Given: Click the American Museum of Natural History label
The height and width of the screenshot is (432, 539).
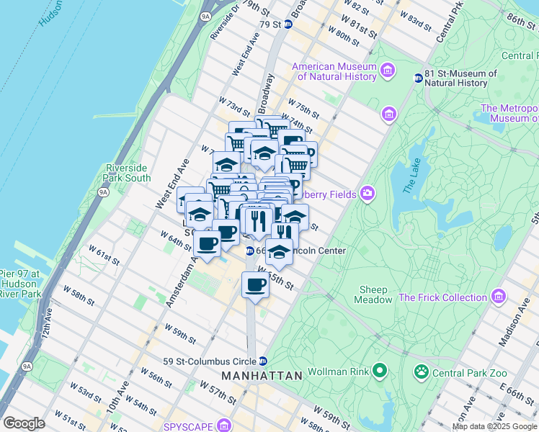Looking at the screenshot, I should (334, 71).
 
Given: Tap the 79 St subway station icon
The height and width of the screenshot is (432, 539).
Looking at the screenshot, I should (288, 24).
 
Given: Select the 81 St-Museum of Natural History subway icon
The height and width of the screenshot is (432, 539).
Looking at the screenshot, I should (417, 78).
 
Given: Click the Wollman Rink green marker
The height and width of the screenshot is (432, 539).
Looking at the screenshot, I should (378, 372).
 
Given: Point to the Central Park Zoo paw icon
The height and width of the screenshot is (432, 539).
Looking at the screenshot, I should (420, 372).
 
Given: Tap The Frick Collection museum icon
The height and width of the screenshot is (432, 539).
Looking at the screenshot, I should (498, 297).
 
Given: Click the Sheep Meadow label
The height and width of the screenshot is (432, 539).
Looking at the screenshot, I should (375, 294).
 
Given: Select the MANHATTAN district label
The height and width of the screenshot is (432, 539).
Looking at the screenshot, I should (261, 377).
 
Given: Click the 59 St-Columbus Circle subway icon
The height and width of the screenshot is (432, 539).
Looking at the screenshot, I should (264, 361).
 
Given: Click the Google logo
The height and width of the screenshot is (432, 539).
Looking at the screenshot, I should (24, 423).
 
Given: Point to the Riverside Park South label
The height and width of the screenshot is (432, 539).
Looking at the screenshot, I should (128, 173).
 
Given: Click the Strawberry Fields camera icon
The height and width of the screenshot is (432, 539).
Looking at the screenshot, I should (369, 192).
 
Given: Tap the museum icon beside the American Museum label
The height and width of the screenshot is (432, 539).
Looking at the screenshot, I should (388, 71).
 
